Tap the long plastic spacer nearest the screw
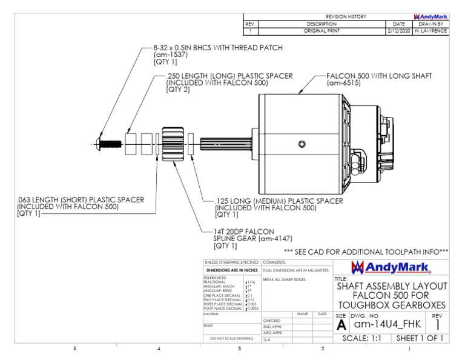(x=131, y=144)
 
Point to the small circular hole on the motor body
(x=302, y=144)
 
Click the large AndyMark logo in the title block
(x=391, y=267)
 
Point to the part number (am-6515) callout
(x=343, y=82)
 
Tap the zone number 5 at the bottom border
(x=74, y=348)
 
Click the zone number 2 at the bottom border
(x=323, y=348)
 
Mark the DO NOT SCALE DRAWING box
(x=231, y=339)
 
